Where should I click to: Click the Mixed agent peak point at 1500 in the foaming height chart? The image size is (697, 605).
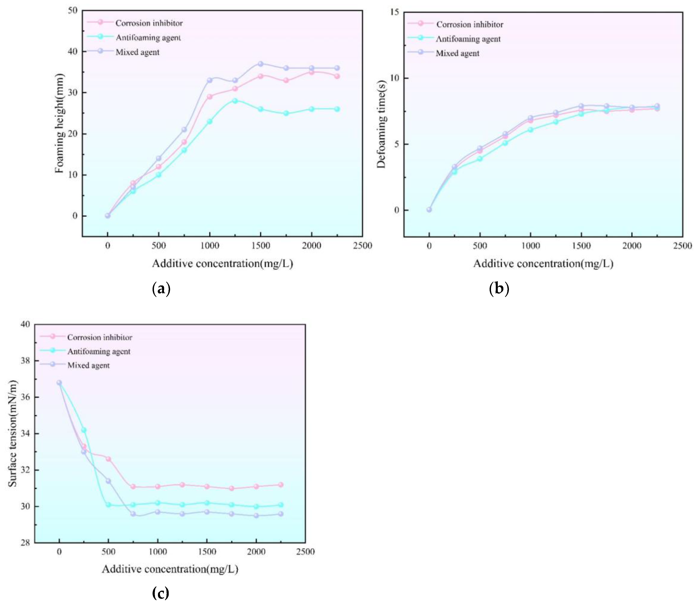260,64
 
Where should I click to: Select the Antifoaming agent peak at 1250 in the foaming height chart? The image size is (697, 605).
235,101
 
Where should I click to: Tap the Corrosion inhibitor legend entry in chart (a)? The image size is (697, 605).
149,23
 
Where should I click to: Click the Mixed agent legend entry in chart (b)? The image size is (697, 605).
457,53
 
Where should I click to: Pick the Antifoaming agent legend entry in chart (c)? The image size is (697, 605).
99,351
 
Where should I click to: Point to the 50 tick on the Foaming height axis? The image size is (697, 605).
73,10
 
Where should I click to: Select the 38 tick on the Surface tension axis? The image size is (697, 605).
25,361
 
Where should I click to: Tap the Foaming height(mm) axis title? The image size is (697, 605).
59,123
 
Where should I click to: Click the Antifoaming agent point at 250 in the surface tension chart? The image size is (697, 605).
84,430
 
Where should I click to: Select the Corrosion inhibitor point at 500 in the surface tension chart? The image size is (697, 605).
108,459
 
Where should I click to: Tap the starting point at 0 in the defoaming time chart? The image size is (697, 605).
429,210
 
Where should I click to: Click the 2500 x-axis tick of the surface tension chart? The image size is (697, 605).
305,552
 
